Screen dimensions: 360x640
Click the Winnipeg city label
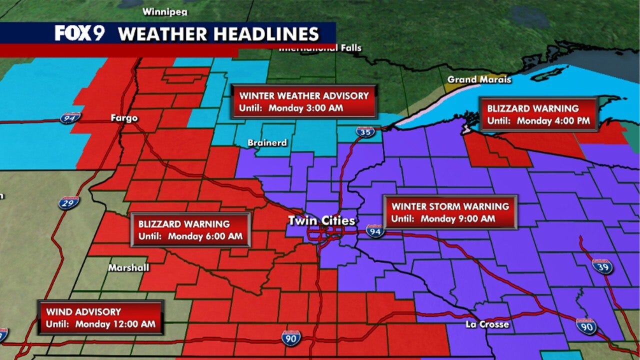(161, 11)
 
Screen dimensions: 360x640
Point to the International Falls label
(320, 48)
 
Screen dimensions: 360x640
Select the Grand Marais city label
(479, 79)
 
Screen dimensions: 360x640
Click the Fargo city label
(124, 118)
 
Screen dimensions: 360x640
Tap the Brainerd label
(267, 143)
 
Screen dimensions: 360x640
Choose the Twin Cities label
(321, 220)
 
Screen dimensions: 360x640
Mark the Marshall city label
(129, 268)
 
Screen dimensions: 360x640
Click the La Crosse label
(487, 324)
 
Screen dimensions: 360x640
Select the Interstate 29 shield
(68, 202)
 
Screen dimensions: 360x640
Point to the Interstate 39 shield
(602, 266)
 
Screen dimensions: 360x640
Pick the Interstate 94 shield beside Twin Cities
(374, 230)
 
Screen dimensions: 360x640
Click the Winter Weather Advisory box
(304, 101)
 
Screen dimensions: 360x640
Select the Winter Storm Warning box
(450, 212)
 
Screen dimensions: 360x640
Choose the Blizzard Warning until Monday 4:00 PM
(538, 114)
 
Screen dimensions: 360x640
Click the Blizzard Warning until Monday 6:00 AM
(190, 229)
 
